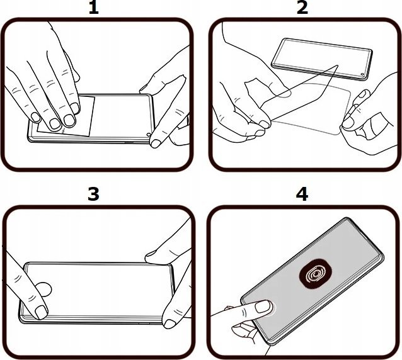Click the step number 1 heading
[94, 8]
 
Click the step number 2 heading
[302, 8]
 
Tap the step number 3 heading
[93, 194]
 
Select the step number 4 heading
[302, 194]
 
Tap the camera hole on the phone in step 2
[362, 74]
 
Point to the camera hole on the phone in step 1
[148, 134]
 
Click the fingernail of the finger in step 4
[263, 307]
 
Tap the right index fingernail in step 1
[156, 143]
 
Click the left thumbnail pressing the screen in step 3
[41, 312]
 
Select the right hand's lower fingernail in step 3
[169, 323]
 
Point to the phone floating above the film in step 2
[322, 59]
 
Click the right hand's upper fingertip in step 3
[151, 254]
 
